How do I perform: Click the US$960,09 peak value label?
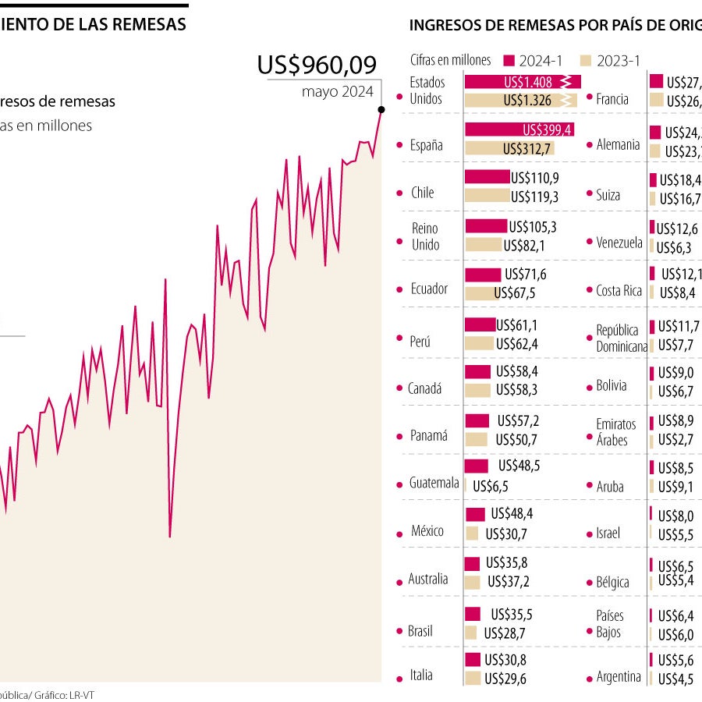point(317,65)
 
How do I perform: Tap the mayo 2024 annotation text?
point(338,91)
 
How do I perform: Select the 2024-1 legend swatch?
point(509,60)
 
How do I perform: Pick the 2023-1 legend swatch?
point(586,60)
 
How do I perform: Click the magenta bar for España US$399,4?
point(519,129)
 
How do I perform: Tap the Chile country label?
point(422,193)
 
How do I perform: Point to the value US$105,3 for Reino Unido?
point(533,227)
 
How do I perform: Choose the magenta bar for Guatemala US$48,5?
point(477,466)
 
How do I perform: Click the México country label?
point(427,531)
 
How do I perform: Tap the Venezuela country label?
point(619,243)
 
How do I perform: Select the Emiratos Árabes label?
point(615,432)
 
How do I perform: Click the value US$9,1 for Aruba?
point(675,487)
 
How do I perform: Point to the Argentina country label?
point(619,677)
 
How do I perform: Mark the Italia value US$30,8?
point(505,660)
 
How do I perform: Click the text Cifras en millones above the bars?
point(451,60)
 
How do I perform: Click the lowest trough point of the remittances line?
point(170,536)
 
